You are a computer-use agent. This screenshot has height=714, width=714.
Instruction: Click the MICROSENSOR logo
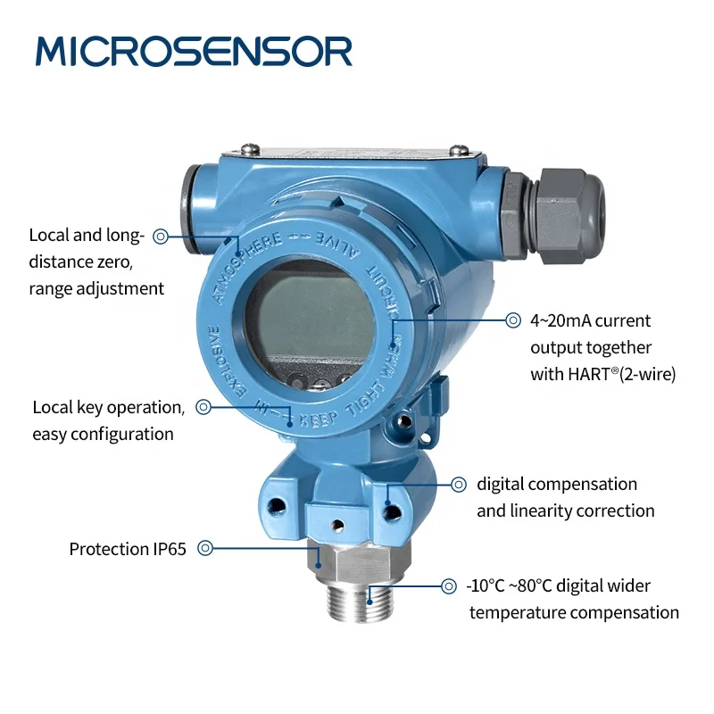pyautogui.click(x=194, y=51)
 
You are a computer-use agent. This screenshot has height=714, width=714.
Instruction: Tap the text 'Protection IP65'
pyautogui.click(x=128, y=549)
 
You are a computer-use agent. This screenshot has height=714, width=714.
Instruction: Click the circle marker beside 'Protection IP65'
pyautogui.click(x=205, y=549)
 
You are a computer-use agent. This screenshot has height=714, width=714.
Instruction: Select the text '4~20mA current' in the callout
pyautogui.click(x=590, y=320)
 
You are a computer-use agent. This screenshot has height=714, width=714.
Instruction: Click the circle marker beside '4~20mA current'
pyautogui.click(x=513, y=320)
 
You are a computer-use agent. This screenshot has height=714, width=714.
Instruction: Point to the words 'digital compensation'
pyautogui.click(x=557, y=485)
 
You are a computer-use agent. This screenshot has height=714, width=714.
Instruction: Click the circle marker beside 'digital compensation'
pyautogui.click(x=458, y=485)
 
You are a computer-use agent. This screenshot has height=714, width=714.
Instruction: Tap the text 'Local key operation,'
pyautogui.click(x=108, y=407)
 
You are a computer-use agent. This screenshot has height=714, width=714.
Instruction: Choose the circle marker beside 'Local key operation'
pyautogui.click(x=203, y=407)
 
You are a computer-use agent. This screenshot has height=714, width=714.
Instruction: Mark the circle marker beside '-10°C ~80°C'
pyautogui.click(x=449, y=586)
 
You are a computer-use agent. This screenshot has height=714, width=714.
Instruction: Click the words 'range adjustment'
pyautogui.click(x=96, y=288)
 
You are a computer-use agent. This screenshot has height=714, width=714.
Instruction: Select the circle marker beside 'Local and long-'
pyautogui.click(x=161, y=237)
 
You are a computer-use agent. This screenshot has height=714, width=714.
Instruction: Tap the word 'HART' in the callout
pyautogui.click(x=583, y=375)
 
